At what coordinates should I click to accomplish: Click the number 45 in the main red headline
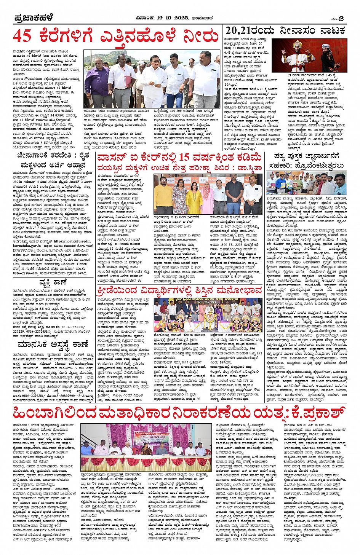(x=22, y=36)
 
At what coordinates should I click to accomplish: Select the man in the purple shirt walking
(x=94, y=82)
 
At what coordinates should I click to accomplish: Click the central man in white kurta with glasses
(x=152, y=80)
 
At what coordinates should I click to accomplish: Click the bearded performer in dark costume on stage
(x=329, y=57)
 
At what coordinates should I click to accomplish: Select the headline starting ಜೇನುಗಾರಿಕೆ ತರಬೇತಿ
(x=53, y=156)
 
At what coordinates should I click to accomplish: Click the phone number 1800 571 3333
(x=229, y=255)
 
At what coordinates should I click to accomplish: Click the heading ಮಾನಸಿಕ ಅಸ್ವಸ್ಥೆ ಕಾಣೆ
(x=53, y=345)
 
